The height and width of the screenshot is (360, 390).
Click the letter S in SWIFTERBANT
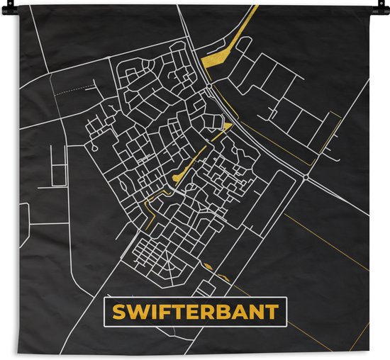[x=118, y=313]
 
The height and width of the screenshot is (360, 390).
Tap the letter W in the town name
[x=136, y=313]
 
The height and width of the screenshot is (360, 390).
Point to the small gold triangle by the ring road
[x=226, y=126]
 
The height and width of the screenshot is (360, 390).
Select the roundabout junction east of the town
[x=304, y=176]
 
